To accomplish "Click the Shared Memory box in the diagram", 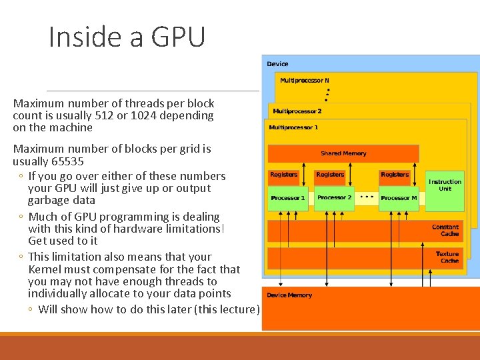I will [343, 153].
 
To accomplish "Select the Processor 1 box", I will [287, 198].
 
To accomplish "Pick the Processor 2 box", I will [334, 198].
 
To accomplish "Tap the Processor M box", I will [398, 198].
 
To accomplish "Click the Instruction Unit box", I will [445, 185].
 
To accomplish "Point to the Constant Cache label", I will [445, 231].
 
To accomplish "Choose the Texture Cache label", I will [447, 257].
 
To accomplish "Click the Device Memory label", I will [289, 295].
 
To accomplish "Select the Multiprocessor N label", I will [305, 81].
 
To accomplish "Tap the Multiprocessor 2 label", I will [297, 111].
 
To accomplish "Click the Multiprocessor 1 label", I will [293, 127].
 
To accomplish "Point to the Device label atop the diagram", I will [277, 64].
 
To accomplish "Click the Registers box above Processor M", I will [395, 175].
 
